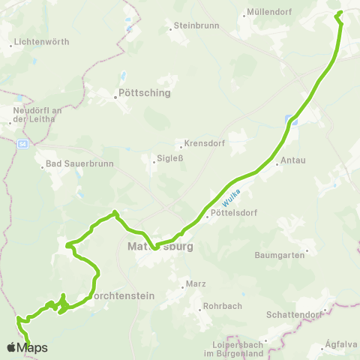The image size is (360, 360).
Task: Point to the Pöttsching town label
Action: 145,94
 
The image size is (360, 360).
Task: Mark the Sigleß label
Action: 164,158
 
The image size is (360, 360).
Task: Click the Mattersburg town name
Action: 160,246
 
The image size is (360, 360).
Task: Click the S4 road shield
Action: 23,143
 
